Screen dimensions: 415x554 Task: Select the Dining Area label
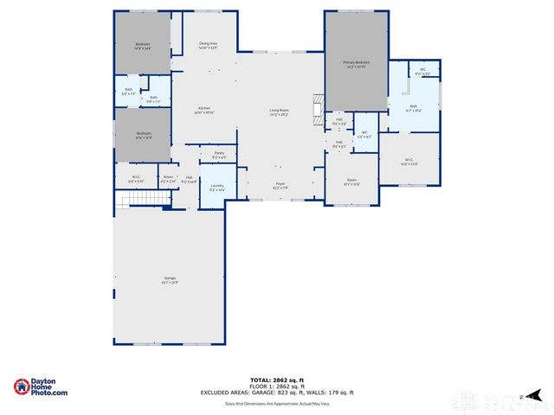208,46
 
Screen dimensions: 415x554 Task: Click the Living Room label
279,112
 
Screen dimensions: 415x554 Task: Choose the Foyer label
280,184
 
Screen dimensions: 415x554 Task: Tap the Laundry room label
217,188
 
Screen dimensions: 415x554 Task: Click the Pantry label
219,155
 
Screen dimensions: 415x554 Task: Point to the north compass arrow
533,396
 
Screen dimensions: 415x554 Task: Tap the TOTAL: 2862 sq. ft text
278,380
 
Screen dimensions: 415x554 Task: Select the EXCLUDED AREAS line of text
278,393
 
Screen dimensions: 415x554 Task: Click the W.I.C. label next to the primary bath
409,162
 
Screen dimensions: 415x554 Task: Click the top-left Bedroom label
143,46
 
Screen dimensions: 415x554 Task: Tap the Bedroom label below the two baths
144,135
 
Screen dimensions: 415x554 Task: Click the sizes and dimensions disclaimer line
278,403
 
